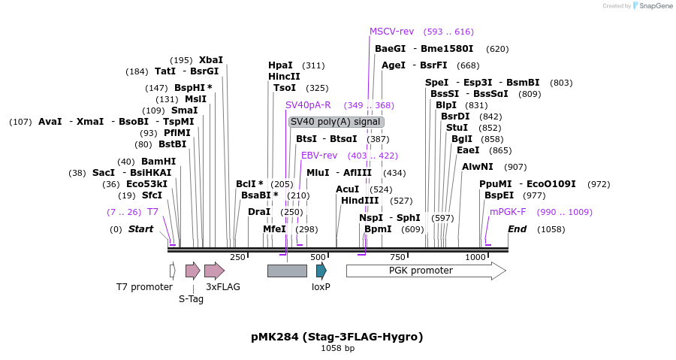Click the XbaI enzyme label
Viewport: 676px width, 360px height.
pyautogui.click(x=210, y=60)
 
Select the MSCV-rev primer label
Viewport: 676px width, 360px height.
pyautogui.click(x=391, y=32)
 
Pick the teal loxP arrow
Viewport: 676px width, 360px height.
pyautogui.click(x=321, y=271)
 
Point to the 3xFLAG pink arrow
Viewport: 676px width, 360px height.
pyautogui.click(x=214, y=271)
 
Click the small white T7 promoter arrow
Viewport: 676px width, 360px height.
pyautogui.click(x=172, y=271)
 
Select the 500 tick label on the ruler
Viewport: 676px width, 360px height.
pyautogui.click(x=318, y=257)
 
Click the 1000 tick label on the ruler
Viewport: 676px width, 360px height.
pyautogui.click(x=475, y=257)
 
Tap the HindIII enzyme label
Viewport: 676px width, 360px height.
pyautogui.click(x=360, y=201)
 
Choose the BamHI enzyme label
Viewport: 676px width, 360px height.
pyautogui.click(x=158, y=162)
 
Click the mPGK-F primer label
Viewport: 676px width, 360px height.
pyautogui.click(x=508, y=212)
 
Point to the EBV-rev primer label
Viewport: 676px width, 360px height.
pyautogui.click(x=319, y=156)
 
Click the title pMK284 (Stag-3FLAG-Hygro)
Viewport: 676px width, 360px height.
pyautogui.click(x=336, y=337)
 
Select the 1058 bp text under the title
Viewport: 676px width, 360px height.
pyautogui.click(x=336, y=349)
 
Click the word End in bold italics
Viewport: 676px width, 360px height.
pyautogui.click(x=517, y=229)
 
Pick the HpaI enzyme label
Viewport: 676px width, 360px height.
pyautogui.click(x=280, y=65)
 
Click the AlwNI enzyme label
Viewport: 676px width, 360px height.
pyautogui.click(x=478, y=167)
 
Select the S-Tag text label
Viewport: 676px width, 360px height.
pyautogui.click(x=191, y=298)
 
